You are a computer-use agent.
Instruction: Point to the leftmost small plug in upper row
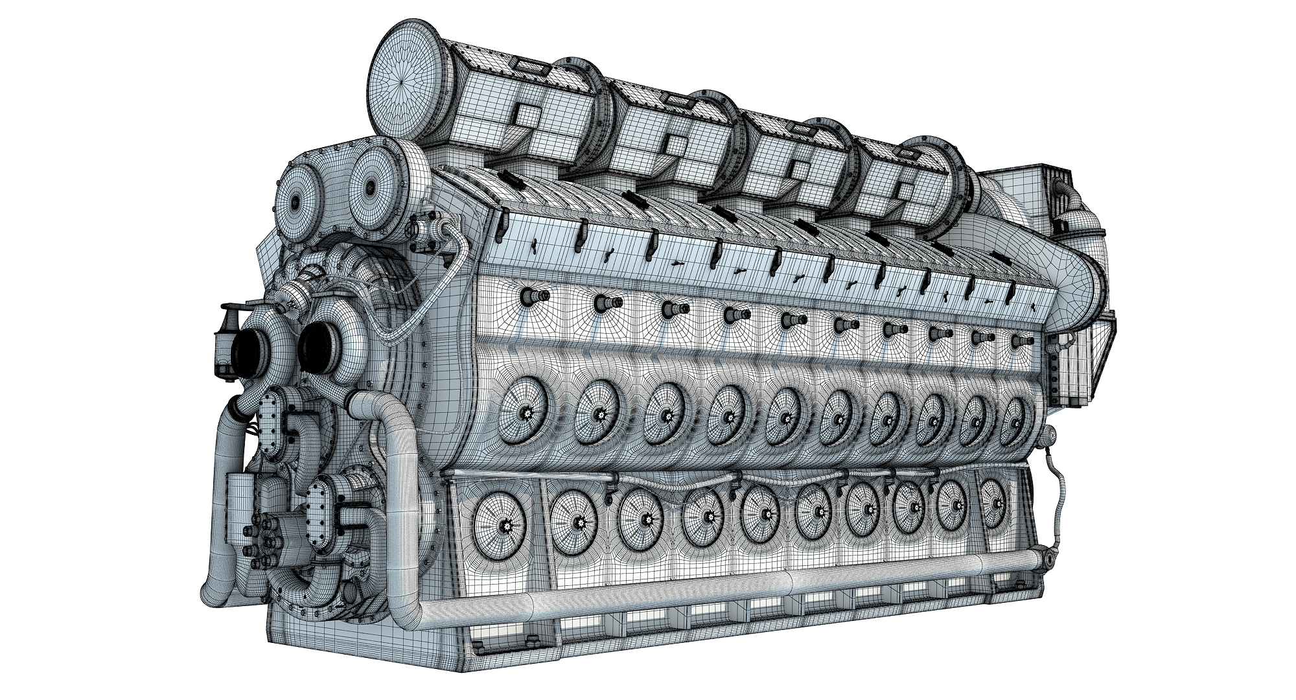[533, 297]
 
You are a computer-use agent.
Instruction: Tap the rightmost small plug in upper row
[1021, 340]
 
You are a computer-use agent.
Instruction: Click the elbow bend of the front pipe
[389, 415]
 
